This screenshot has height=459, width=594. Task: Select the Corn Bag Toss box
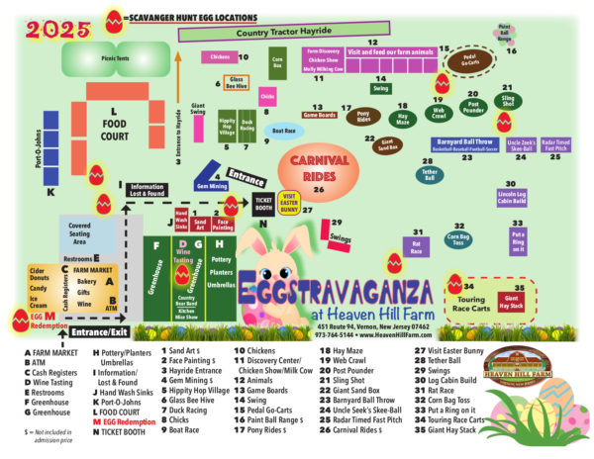[458, 240]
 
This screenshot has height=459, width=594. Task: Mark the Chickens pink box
[219, 57]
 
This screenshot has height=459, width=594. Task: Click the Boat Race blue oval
[283, 131]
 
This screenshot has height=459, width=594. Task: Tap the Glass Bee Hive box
[237, 81]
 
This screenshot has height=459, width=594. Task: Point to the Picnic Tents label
[115, 57]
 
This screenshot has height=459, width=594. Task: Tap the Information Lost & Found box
[147, 190]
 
